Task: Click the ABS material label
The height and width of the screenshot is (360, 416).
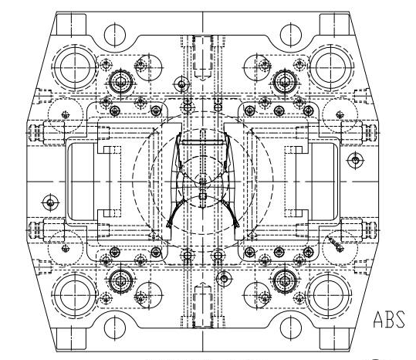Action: [389, 319]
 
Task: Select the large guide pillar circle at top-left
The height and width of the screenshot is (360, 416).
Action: [75, 68]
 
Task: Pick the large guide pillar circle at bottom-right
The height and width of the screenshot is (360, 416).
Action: [328, 295]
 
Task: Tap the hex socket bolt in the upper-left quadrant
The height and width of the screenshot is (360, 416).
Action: [121, 83]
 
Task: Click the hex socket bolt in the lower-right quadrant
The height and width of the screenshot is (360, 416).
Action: [285, 281]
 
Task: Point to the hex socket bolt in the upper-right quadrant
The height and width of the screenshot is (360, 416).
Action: [285, 82]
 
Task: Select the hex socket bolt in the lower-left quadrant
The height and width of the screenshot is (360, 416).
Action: [121, 281]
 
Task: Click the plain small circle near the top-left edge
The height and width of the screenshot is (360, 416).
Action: [114, 35]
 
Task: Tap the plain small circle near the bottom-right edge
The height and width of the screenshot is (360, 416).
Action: [291, 328]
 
